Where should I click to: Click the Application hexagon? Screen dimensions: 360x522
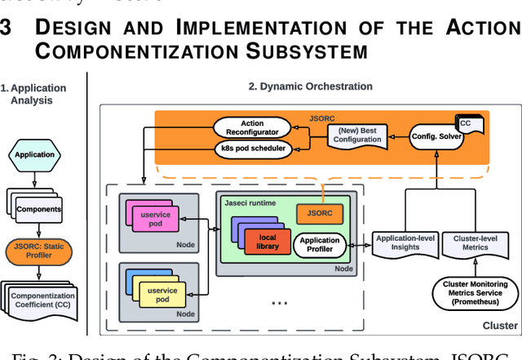(34, 153)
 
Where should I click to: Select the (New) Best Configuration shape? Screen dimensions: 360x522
(356, 135)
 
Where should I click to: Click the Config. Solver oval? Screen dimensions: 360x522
(436, 136)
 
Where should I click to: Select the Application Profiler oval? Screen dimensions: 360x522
(320, 246)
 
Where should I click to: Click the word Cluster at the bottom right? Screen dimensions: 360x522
(499, 325)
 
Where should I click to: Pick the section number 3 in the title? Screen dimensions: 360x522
(7, 28)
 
